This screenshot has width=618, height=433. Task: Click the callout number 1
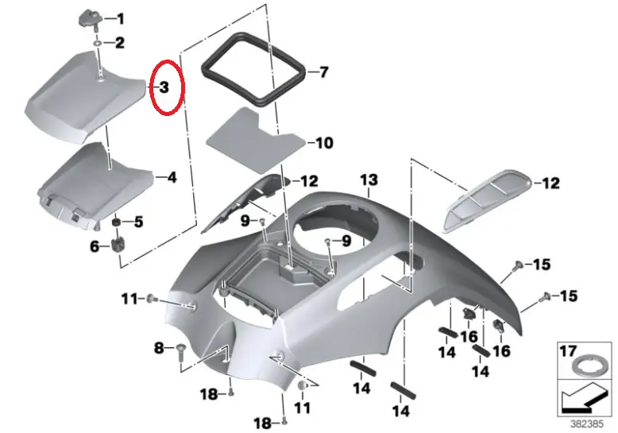[120, 18]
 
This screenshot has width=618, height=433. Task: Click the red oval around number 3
[167, 87]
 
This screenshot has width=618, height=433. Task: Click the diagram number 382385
[589, 424]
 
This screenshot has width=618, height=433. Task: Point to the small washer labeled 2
[98, 42]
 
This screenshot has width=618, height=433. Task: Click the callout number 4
[171, 177]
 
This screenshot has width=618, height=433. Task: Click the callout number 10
[324, 144]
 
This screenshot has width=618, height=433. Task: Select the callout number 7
[323, 72]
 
